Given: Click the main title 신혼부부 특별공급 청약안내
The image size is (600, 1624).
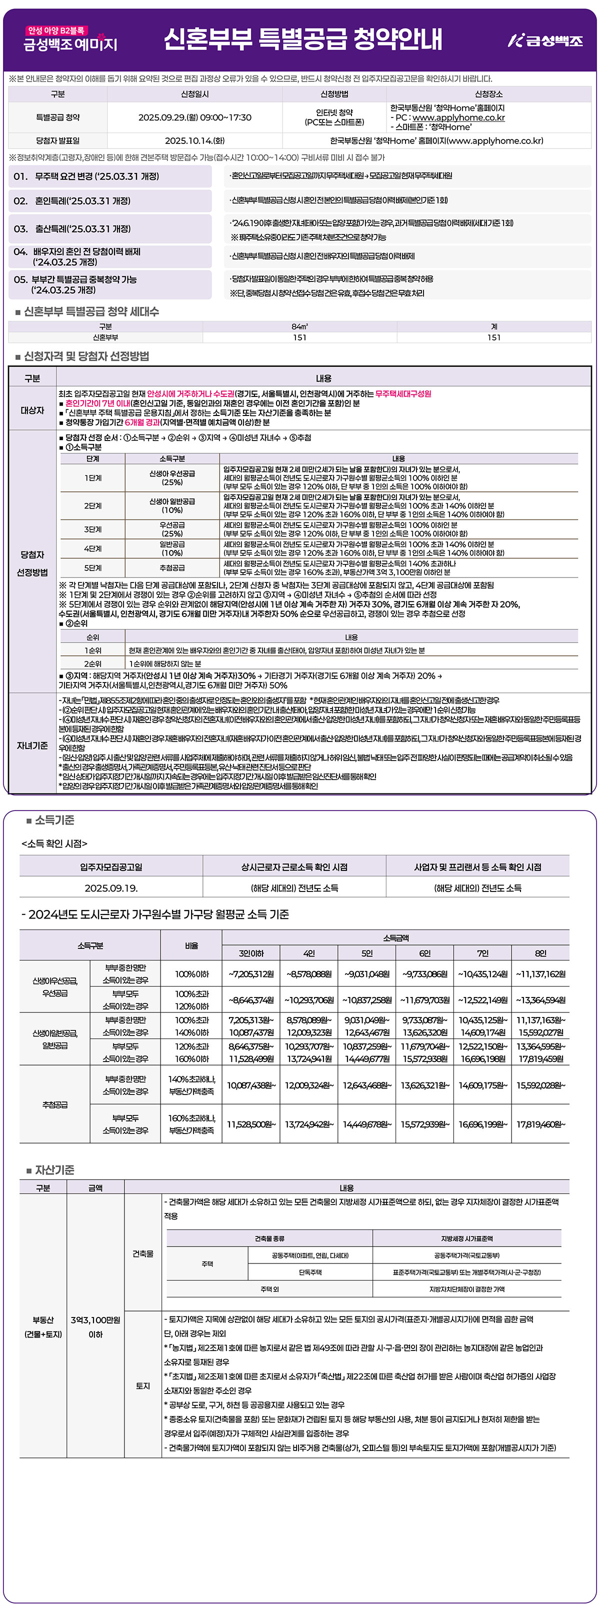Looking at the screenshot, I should (302, 39).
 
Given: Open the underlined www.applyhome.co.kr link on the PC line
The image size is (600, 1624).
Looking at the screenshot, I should (458, 117).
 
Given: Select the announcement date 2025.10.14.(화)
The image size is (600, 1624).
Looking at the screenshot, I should (194, 140).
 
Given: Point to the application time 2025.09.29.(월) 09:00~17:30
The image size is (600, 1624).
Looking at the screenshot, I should (194, 117).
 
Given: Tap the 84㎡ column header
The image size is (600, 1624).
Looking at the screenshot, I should (299, 326).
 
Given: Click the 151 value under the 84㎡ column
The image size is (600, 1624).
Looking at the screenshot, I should (299, 337).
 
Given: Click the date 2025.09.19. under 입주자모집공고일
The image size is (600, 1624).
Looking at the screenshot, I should (111, 887).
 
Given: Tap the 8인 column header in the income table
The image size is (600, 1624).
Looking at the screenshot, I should (540, 953).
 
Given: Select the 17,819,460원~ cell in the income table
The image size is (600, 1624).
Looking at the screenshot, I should (540, 1124).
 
